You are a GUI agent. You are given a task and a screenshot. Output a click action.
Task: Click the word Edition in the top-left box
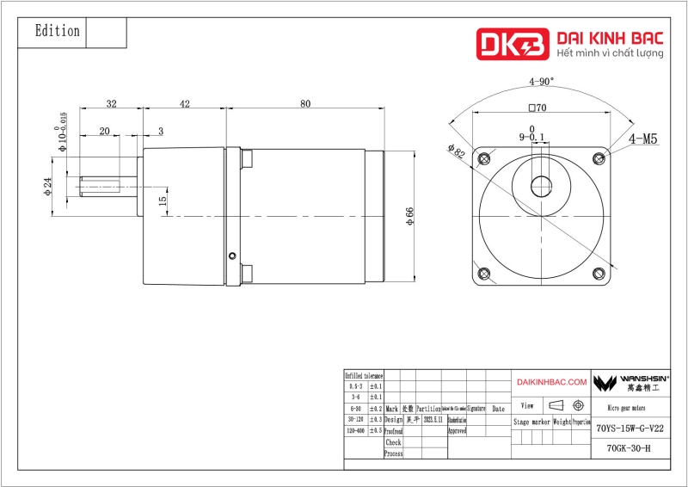tap(57, 31)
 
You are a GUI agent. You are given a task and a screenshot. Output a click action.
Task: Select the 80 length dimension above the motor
tap(305, 104)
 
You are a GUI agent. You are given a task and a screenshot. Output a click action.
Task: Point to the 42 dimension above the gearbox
tap(184, 104)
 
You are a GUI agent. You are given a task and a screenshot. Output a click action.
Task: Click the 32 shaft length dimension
tap(111, 104)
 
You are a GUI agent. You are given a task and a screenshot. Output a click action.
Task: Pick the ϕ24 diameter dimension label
tap(48, 186)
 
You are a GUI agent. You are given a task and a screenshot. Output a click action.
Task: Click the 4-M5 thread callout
tap(643, 139)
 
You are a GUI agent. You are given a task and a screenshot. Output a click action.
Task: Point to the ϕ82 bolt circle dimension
tap(456, 151)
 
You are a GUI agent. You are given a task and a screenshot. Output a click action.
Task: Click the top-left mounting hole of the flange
tap(486, 157)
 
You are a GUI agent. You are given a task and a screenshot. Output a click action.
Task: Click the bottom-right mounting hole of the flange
tap(598, 274)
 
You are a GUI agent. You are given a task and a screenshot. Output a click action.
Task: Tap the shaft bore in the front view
tap(542, 185)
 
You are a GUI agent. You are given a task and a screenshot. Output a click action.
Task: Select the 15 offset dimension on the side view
tap(163, 201)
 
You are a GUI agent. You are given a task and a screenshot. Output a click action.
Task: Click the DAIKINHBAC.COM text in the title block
tap(551, 381)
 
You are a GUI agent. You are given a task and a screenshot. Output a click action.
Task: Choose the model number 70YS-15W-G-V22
tap(630, 428)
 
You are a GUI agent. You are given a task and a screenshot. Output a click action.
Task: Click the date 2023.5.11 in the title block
tap(432, 419)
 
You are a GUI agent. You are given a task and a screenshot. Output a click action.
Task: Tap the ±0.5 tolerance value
tap(376, 429)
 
